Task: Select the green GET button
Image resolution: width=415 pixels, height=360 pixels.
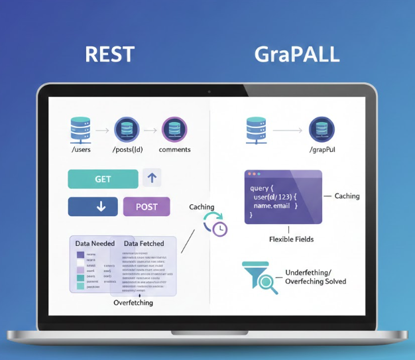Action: click(x=103, y=179)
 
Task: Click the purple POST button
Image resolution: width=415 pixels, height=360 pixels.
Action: click(x=147, y=206)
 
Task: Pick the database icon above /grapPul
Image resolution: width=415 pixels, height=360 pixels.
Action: click(x=322, y=129)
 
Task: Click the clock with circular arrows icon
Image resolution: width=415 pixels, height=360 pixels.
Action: click(x=215, y=224)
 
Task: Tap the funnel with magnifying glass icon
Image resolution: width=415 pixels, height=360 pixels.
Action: click(x=260, y=277)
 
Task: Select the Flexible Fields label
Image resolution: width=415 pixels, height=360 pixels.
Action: click(x=291, y=239)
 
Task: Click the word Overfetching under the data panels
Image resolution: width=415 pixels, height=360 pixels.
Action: click(x=133, y=302)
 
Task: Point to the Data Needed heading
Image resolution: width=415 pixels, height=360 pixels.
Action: click(x=95, y=244)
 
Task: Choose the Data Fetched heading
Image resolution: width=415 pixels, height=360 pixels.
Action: click(x=145, y=244)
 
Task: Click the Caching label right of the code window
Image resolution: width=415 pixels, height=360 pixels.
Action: click(x=347, y=196)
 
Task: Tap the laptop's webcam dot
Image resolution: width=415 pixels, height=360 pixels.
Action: click(x=207, y=91)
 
